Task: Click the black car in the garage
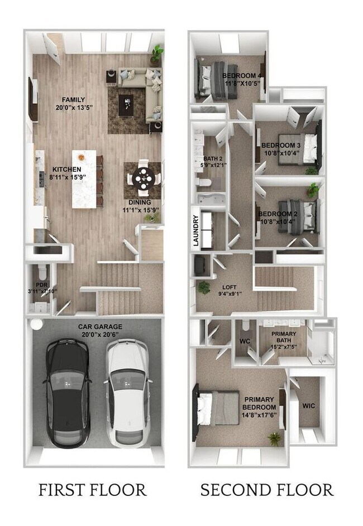tap(66, 393)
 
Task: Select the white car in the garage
tap(128, 393)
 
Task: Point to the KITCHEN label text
tap(66, 169)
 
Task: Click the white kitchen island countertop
tap(84, 178)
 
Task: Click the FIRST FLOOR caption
tap(92, 490)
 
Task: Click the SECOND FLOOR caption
tap(267, 490)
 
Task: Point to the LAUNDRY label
tap(196, 230)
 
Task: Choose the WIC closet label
tap(308, 406)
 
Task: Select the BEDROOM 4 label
tap(242, 75)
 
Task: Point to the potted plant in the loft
tap(204, 287)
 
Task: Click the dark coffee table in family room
tap(127, 103)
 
